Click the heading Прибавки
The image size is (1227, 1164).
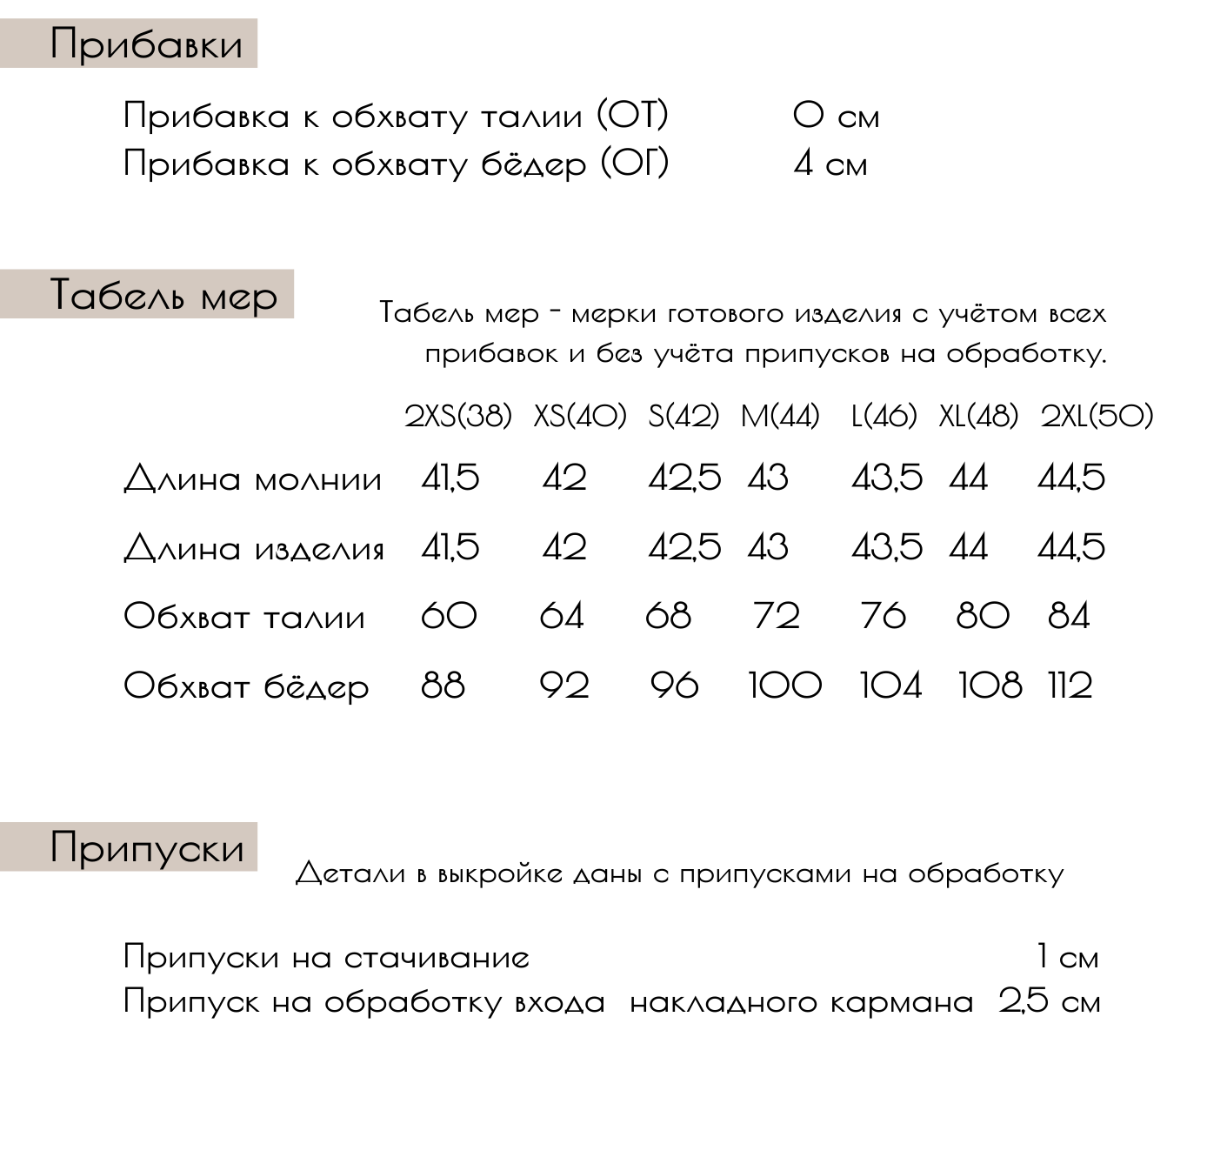pos(145,43)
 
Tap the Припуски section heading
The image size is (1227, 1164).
pos(146,846)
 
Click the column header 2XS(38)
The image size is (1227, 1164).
pos(458,417)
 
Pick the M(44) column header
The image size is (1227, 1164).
pos(780,417)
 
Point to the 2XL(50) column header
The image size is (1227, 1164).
pos(1097,417)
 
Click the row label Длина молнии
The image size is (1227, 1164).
pos(252,479)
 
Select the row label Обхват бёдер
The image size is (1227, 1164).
pos(246,686)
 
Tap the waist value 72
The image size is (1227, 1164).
pos(776,616)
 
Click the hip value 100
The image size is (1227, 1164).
pos(784,686)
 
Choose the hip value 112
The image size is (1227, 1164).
pos(1070,686)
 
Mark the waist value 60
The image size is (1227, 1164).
pos(449,616)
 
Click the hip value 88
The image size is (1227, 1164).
pos(443,686)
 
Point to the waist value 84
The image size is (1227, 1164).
pos(1069,616)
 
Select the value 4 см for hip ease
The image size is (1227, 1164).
pos(830,164)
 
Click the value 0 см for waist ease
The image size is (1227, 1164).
pos(836,116)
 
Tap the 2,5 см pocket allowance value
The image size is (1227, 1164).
pos(1049,1001)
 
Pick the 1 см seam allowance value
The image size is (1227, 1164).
pos(1067,957)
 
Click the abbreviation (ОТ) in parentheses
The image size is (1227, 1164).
pos(632,115)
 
